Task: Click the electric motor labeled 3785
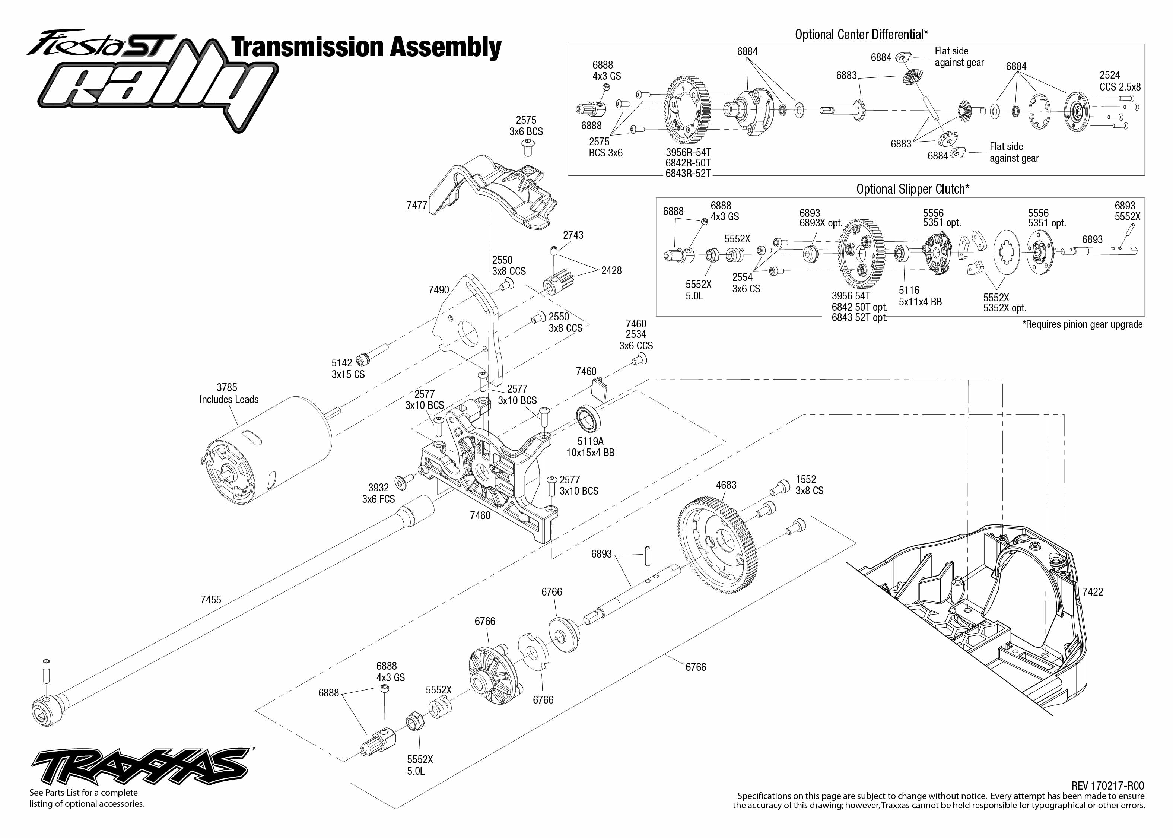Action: pos(268,449)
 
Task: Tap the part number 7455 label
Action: pos(210,600)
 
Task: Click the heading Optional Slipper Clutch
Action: pos(912,189)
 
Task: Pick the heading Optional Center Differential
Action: pos(861,35)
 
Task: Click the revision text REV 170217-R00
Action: pos(1107,785)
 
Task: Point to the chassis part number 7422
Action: pos(1093,592)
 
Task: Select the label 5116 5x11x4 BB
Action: pos(920,296)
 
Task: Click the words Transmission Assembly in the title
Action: pos(366,47)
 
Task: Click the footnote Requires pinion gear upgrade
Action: pos(1082,324)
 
